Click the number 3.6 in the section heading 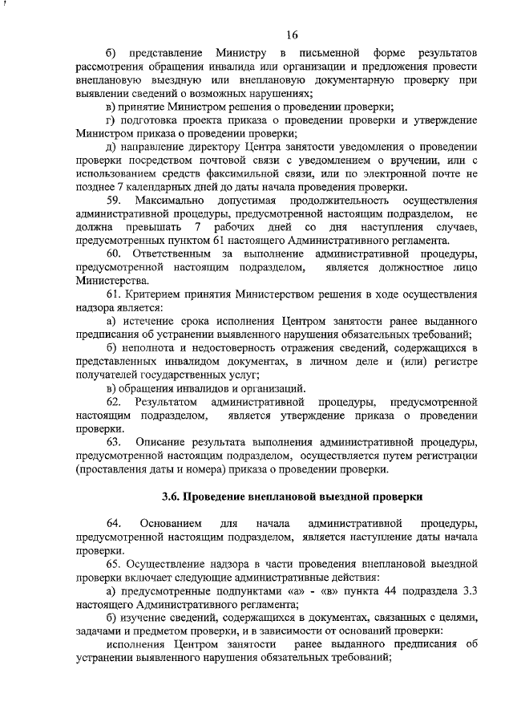coord(170,497)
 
